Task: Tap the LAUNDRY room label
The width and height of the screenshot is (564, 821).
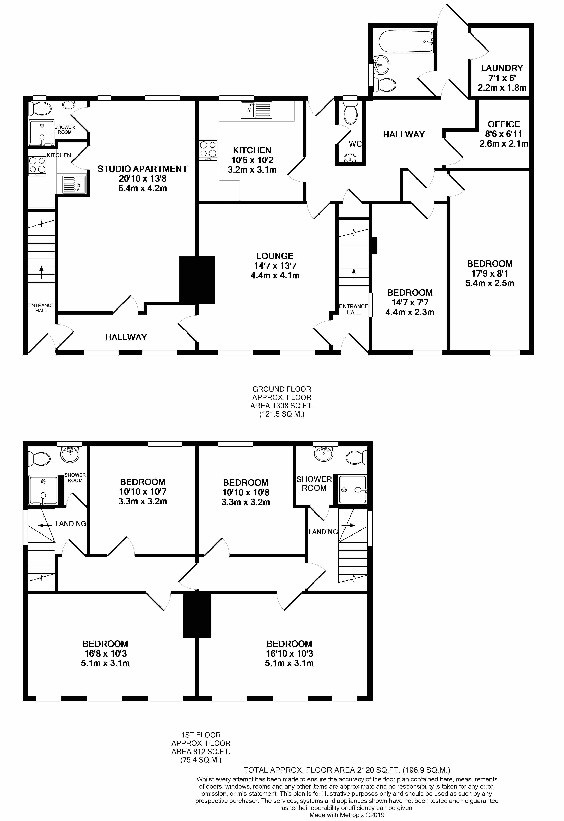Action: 502,68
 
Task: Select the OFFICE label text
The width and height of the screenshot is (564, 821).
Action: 504,124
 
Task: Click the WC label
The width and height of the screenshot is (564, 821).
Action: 355,144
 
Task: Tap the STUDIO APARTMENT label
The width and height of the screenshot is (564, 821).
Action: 142,169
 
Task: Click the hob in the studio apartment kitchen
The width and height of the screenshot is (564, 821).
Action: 37,165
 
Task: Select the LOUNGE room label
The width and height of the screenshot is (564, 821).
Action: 275,256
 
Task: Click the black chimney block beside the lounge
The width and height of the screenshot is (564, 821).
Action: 197,279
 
